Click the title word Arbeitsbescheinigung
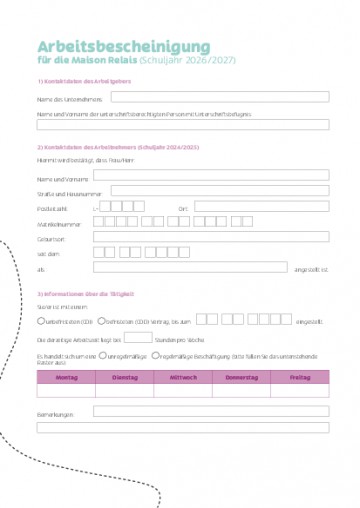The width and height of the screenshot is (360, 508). [x=124, y=47]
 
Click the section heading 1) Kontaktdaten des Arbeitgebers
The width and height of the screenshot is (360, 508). [x=84, y=80]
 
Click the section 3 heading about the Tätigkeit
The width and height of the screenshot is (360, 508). [x=85, y=293]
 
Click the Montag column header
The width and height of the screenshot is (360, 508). [x=66, y=377]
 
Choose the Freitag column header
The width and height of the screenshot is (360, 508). [x=299, y=377]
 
